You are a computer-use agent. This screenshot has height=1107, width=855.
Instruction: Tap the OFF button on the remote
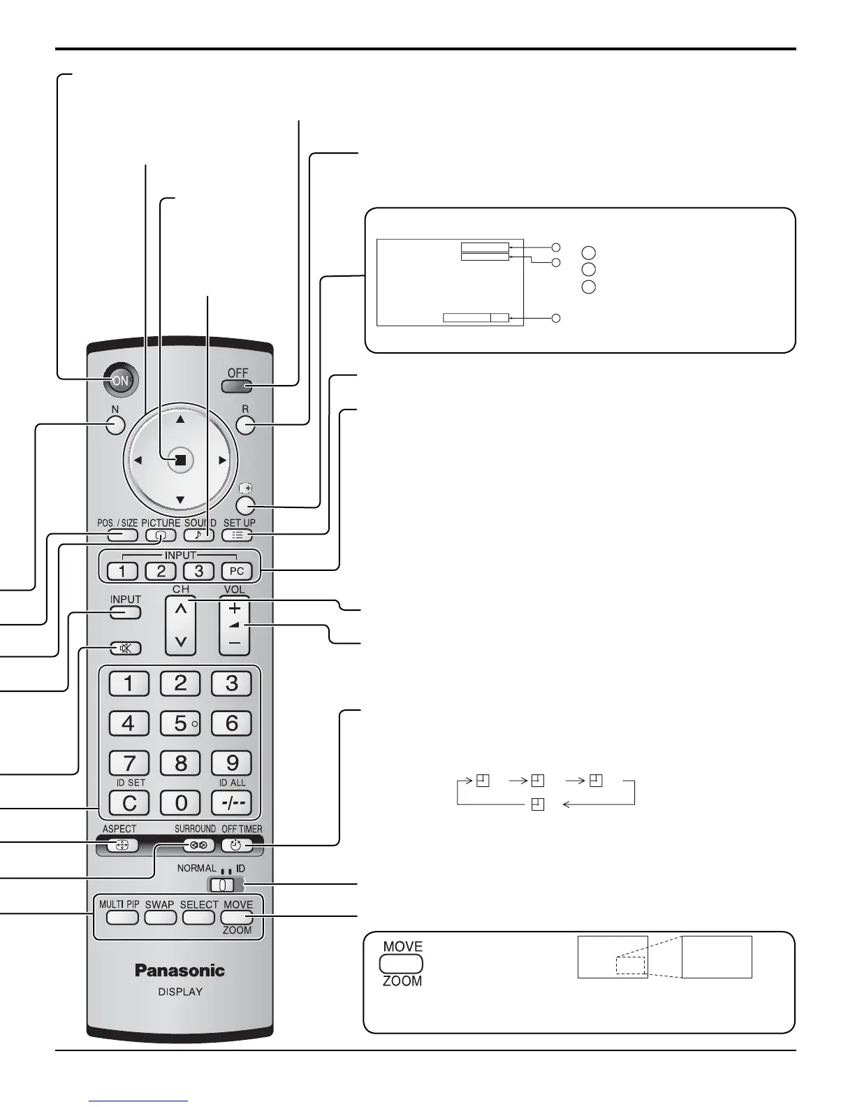237,386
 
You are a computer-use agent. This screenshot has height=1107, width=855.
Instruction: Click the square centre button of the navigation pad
180,460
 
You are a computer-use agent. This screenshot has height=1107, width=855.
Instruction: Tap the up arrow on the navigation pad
180,420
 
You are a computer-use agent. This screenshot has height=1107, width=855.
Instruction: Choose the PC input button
237,571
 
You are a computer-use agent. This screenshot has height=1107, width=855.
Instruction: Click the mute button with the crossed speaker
126,648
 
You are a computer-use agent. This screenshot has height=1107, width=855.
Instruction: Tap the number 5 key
180,723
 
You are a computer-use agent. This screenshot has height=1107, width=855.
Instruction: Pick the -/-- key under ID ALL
231,803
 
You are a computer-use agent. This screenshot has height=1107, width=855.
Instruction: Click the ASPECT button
122,845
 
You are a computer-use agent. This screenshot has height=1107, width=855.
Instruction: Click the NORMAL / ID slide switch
221,885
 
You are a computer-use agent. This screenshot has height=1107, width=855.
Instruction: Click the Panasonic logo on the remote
180,970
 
